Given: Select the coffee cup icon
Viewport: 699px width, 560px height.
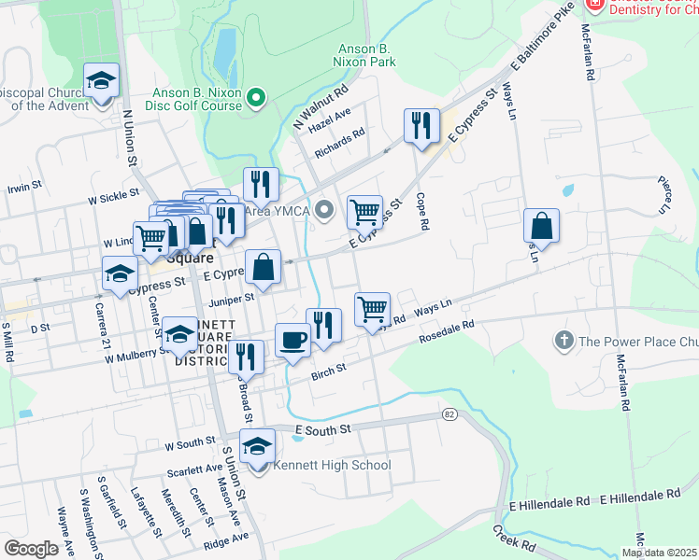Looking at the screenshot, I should tap(292, 340).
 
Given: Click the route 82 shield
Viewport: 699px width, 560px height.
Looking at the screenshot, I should tap(450, 413).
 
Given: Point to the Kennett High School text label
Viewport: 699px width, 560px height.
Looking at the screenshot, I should tap(331, 465).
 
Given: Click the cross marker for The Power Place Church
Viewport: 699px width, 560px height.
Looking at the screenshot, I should tap(563, 341).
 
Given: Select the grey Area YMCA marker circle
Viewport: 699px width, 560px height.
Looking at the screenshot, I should tap(324, 210).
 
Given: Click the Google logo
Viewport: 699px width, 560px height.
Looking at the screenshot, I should tap(31, 549).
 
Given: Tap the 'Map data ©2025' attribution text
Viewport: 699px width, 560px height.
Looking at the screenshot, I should tap(659, 553).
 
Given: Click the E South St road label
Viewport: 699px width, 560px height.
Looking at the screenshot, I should tap(321, 429).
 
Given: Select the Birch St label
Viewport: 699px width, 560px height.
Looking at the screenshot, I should tap(328, 371).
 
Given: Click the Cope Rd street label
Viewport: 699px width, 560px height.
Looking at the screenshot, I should tap(422, 212).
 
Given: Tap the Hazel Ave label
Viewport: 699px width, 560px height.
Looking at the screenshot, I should tap(329, 119).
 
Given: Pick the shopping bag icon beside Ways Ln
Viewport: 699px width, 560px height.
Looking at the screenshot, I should tap(541, 225).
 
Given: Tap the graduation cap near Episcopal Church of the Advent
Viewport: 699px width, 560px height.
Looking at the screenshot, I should tap(102, 80).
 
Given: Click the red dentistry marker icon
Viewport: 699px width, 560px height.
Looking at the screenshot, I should tap(593, 6).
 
